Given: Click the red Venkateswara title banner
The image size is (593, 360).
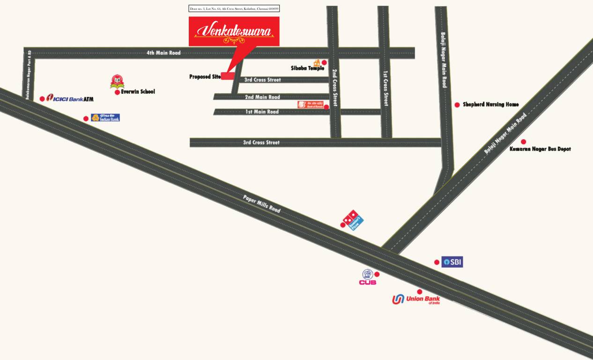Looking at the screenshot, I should pos(234,31).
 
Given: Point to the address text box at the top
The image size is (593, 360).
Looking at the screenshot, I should pos(234,8).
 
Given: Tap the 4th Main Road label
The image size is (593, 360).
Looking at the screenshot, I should pos(163,53).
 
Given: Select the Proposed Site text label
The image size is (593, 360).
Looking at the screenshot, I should pos(205,76).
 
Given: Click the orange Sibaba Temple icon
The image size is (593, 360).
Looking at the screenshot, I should pos(317,63).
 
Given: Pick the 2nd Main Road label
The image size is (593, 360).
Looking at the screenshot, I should pos(262,97).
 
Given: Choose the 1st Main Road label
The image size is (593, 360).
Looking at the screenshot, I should pos(262,112).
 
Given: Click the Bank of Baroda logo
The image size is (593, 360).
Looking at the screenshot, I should pos(310,105).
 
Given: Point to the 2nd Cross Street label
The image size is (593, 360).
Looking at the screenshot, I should pos(335,88).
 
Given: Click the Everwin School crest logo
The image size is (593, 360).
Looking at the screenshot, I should pos(117,82).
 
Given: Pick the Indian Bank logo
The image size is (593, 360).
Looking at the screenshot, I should pos(105,118).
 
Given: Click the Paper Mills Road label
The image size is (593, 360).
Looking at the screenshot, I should pos(262,204).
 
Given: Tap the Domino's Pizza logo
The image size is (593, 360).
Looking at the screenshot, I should pos(354,219).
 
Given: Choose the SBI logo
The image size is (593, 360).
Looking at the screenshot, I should pos(452,262).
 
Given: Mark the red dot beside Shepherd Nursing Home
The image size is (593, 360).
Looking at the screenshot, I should pos(457,105).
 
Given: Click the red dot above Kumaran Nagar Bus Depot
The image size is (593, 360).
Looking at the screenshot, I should pos(523,142).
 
